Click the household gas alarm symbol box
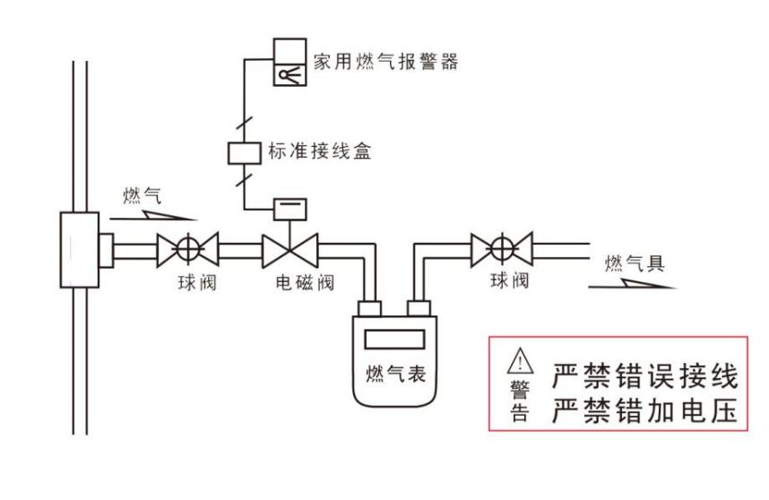pos(289,63)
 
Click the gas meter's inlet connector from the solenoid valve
pos(370,310)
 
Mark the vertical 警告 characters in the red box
pos(520,401)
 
